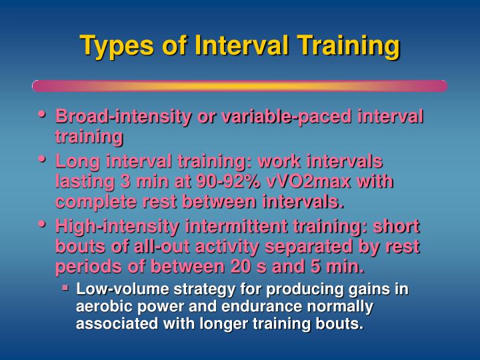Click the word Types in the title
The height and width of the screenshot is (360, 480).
117,46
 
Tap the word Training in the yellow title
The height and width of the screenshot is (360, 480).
349,46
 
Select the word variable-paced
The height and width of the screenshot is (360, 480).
286,117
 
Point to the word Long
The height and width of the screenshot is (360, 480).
77,162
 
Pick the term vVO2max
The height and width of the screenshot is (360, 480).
309,181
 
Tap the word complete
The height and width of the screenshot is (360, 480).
96,203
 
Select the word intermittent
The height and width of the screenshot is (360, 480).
236,227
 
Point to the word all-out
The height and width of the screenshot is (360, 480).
161,247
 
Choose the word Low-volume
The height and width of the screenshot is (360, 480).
123,289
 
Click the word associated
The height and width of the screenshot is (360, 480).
117,324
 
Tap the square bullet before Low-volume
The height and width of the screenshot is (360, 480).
65,288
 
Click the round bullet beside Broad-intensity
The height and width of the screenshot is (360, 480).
42,114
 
